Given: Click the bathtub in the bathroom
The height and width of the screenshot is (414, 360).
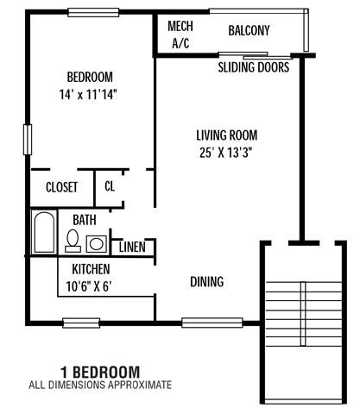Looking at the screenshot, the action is coord(44,232).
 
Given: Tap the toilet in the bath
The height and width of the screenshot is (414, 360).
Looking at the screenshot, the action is coord(73,241).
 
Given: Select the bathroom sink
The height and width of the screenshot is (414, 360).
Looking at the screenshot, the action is coord(97,244).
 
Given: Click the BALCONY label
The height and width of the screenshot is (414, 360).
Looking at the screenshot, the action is coord(249,30).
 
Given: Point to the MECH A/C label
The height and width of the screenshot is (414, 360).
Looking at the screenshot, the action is coord(180,34).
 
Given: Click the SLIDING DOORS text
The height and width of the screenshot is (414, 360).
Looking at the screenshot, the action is coord(253,67).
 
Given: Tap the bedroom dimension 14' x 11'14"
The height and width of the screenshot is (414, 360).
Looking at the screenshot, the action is coord(88,94).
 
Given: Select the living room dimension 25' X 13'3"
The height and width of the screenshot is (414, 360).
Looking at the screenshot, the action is coord(226,153).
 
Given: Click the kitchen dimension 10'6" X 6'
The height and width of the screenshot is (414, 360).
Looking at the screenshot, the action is coord(89,286).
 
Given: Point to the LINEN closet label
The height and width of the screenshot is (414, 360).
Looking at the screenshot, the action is coord(132,247).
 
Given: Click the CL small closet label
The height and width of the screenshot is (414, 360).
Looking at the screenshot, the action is coord(110,186).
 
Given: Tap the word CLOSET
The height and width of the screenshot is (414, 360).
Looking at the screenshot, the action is coord(61,187).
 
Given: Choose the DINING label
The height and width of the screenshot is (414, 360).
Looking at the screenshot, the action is coord(207,282).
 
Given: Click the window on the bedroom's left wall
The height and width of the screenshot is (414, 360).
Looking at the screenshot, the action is coord(28,140).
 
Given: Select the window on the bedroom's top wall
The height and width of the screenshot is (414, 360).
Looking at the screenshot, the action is coord(93,12).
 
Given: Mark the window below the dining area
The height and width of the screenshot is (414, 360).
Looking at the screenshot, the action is coord(212,323).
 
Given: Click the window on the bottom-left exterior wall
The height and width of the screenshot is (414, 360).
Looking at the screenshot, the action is coord(81,323).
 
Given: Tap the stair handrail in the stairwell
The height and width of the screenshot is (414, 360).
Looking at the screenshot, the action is coord(303,314).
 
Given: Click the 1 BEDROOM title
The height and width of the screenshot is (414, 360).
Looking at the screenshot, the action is coord(100,372).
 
